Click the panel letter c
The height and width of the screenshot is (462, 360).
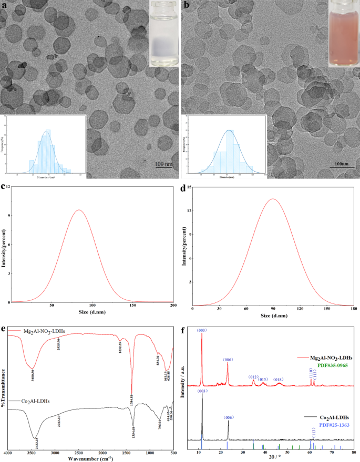4,186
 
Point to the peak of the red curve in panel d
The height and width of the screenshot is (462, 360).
272,199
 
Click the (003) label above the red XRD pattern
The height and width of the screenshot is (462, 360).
202,330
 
